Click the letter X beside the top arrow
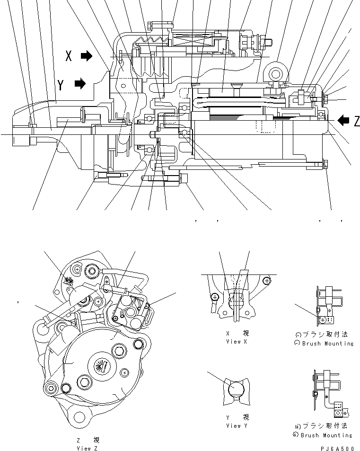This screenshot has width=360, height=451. coord(69,56)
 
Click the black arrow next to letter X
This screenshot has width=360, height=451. coord(87,56)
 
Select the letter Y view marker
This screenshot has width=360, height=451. coord(61,85)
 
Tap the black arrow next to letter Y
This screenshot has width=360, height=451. coord(80,85)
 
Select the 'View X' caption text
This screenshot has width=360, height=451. coord(237,341)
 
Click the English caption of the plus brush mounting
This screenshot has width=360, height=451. coord(327,435)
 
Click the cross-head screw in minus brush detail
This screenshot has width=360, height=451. coord(323,320)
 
